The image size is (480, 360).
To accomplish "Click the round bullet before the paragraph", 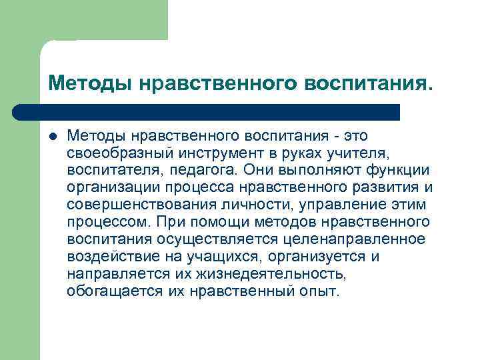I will [53, 137].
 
